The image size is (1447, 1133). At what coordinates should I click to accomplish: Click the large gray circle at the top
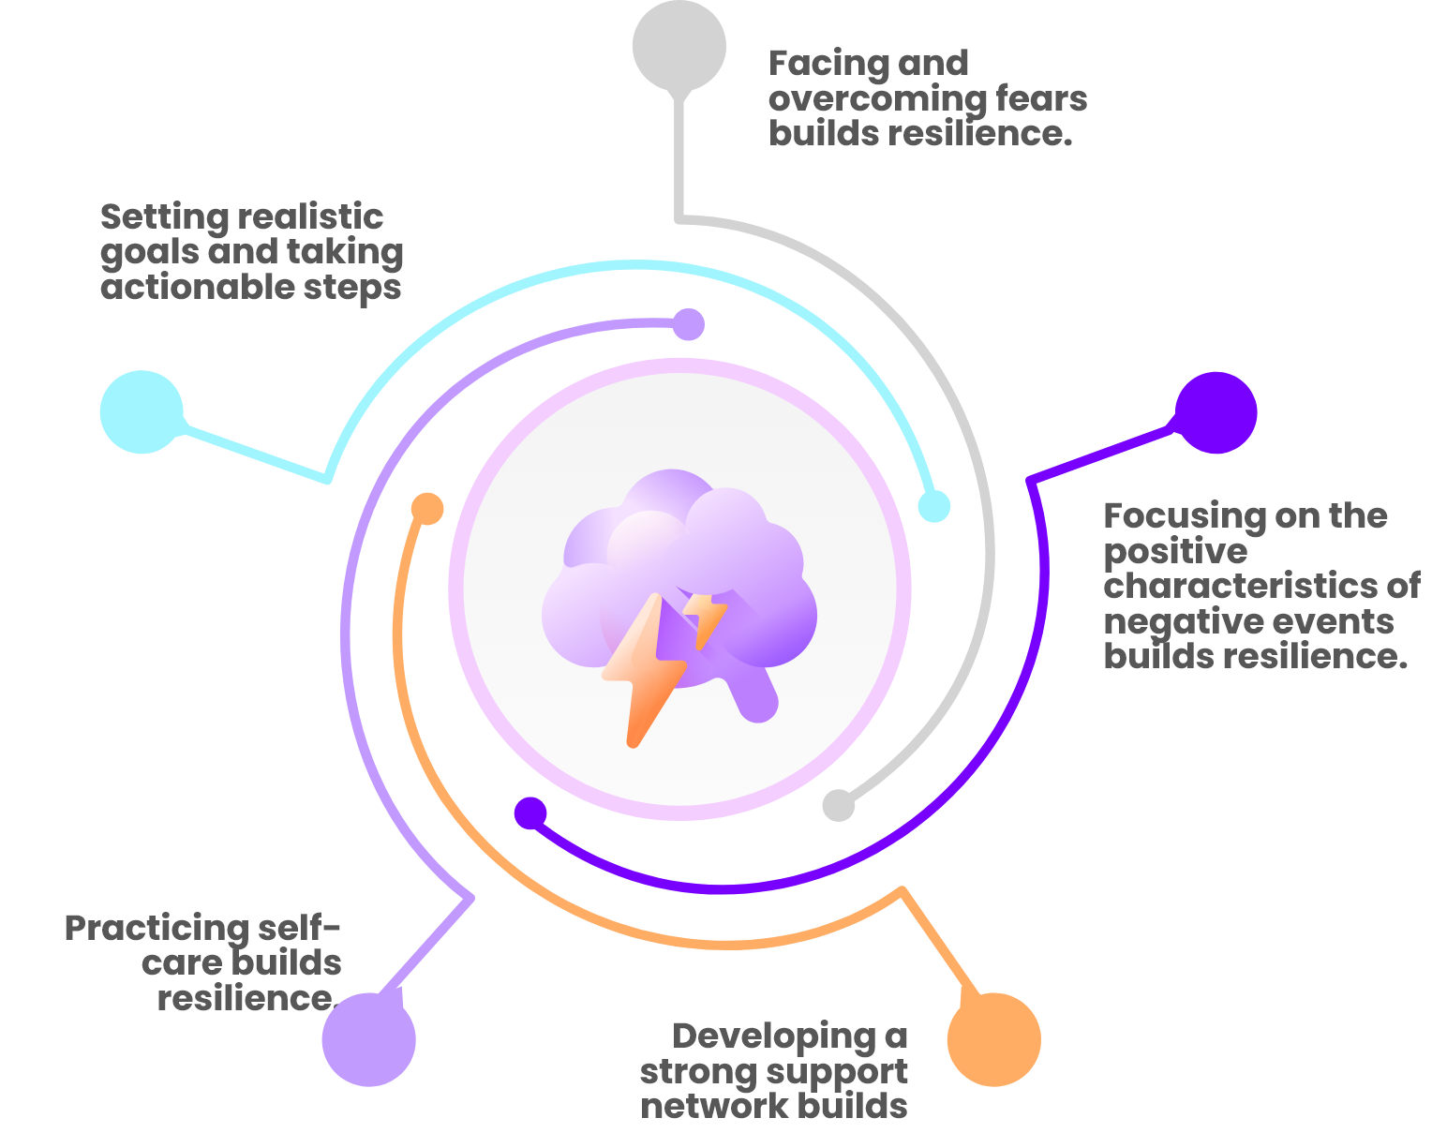pyautogui.click(x=679, y=46)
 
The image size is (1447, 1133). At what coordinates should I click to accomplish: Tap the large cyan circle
pyautogui.click(x=142, y=412)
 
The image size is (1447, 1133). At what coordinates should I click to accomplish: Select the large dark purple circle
pyautogui.click(x=1216, y=412)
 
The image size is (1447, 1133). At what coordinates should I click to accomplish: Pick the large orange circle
pyautogui.click(x=993, y=1040)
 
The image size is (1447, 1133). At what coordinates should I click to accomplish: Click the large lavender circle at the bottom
pyautogui.click(x=369, y=1040)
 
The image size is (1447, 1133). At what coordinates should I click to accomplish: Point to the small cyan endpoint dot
pyautogui.click(x=933, y=506)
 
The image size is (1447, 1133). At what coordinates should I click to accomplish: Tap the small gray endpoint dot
pyautogui.click(x=839, y=806)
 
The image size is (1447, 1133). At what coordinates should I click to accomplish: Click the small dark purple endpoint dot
pyautogui.click(x=530, y=813)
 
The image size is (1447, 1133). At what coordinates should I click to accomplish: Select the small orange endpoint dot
pyautogui.click(x=427, y=509)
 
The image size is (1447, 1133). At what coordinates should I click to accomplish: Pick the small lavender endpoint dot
pyautogui.click(x=689, y=324)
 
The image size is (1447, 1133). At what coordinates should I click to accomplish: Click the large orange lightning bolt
pyautogui.click(x=644, y=670)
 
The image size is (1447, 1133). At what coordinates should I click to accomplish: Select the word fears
pyautogui.click(x=1041, y=97)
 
